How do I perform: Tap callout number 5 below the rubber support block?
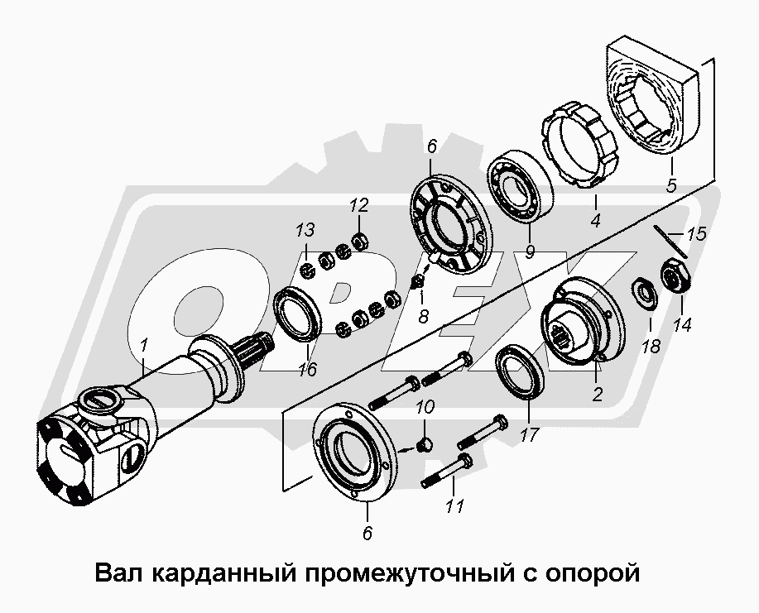click(670, 185)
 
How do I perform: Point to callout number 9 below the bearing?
click(530, 251)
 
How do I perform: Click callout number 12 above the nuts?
click(358, 205)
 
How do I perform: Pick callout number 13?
click(305, 229)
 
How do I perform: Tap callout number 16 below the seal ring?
click(308, 369)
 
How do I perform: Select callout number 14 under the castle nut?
click(682, 325)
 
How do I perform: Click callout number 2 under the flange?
click(597, 395)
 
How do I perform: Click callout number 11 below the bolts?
click(455, 505)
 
